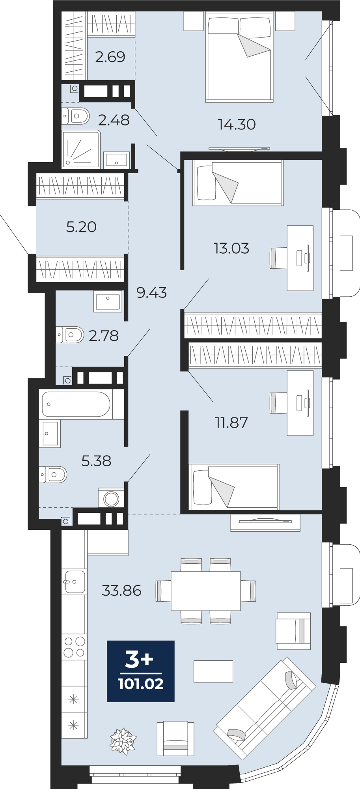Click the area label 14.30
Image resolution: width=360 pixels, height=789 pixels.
(237, 125)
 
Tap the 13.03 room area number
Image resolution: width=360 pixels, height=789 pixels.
(231, 249)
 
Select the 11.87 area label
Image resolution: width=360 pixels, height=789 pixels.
(231, 423)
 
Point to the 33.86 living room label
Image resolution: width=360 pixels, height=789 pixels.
(121, 591)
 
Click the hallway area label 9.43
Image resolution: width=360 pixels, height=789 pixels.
(151, 293)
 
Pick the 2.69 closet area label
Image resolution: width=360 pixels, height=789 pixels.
(110, 57)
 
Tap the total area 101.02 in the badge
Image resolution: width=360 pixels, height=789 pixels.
(141, 684)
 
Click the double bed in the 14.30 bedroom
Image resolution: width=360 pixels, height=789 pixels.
(239, 57)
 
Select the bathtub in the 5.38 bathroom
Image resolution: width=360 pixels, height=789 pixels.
(76, 404)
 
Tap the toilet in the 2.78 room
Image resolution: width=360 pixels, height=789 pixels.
(70, 335)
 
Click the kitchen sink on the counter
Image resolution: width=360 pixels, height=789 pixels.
(75, 581)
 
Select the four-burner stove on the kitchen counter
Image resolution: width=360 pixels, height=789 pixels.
(75, 647)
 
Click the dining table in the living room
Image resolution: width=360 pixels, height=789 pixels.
(206, 591)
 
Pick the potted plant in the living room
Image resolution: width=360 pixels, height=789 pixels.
(123, 741)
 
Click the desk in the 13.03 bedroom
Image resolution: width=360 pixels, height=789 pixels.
(300, 258)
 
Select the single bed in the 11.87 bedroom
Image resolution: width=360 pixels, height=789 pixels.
(235, 487)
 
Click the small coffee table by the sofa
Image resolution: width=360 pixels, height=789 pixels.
(213, 671)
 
